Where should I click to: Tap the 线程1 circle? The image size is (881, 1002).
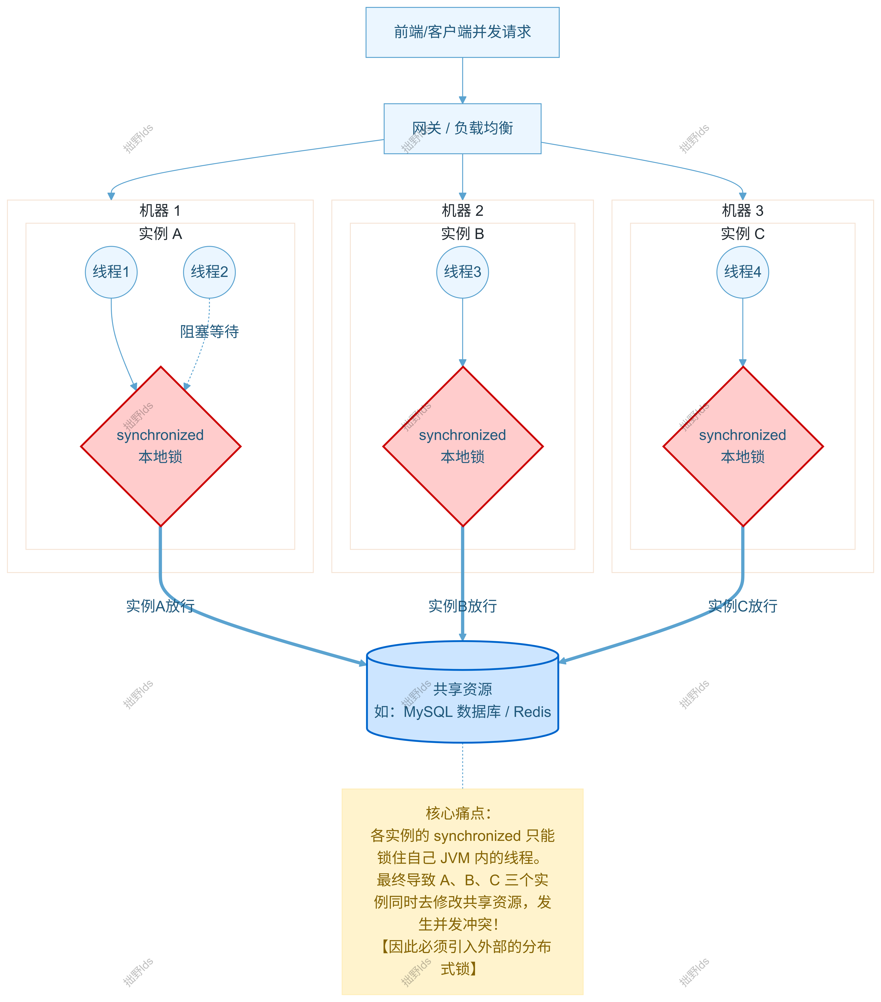point(111,272)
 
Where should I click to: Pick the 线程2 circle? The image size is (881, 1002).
point(209,272)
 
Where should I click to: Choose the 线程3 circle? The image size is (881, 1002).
point(463,272)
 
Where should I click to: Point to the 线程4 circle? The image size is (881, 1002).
point(743,272)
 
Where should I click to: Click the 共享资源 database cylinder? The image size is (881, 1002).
point(463,692)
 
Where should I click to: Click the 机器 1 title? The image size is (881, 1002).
point(160,211)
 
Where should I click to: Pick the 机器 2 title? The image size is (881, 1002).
point(463,211)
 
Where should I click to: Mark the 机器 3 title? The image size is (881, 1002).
point(743,211)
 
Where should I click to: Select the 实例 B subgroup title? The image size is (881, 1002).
point(463,234)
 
